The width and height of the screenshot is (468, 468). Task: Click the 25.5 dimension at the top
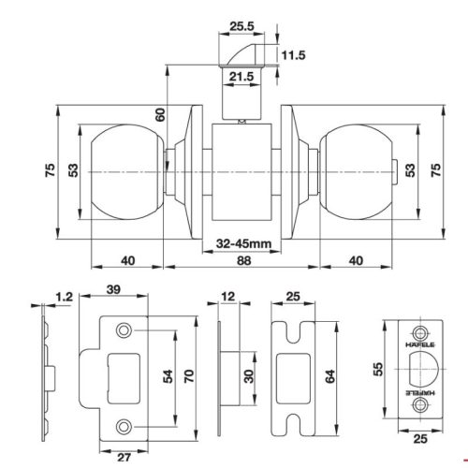(x=242, y=27)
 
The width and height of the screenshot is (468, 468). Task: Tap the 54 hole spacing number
(x=168, y=376)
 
